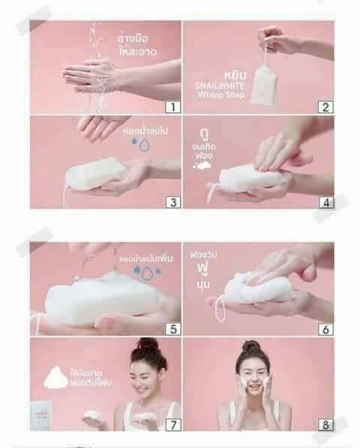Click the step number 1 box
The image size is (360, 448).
172,106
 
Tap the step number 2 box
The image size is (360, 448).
325,106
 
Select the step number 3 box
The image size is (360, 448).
172,201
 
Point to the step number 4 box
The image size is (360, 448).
325,201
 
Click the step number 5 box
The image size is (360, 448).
172,327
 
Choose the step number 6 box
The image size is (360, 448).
325,327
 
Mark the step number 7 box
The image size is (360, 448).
172,423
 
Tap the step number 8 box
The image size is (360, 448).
325,423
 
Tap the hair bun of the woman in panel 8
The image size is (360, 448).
250,347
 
